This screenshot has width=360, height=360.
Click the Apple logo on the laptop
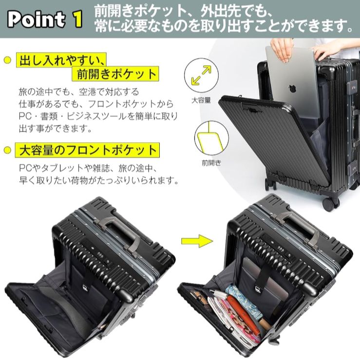click(292, 89)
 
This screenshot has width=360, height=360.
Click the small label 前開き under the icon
click(210, 163)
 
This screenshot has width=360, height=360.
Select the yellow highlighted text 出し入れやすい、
click(61, 60)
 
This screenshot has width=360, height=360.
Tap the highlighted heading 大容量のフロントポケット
click(88, 150)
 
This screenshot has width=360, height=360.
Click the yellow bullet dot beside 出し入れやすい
click(7, 60)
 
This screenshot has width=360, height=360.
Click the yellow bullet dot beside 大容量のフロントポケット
click(7, 150)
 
